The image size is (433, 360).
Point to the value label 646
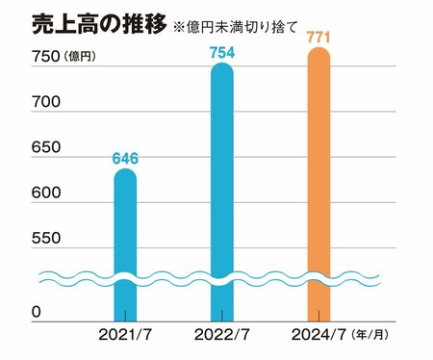(x=125, y=158)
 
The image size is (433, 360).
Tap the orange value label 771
(x=318, y=36)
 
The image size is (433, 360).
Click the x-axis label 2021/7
(x=125, y=336)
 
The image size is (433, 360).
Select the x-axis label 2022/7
(x=221, y=336)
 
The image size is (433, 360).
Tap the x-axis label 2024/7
(x=316, y=336)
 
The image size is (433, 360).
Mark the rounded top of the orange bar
(x=318, y=55)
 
